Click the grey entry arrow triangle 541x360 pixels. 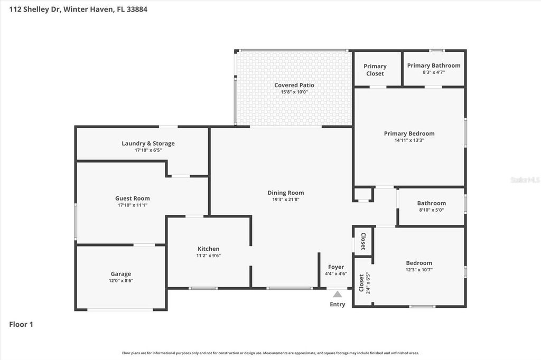[x=337, y=294]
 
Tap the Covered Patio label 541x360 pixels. [x=294, y=85]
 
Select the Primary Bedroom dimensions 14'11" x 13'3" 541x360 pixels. [x=409, y=140]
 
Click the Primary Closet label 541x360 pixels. [x=375, y=70]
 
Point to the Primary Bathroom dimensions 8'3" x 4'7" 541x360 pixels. [x=433, y=72]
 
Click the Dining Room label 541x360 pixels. [x=285, y=193]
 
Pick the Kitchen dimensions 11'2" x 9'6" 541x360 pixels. [x=208, y=255]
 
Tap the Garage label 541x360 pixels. [x=121, y=274]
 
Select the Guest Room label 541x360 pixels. [x=133, y=198]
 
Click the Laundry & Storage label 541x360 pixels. [x=148, y=143]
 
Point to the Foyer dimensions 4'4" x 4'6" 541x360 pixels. [x=335, y=273]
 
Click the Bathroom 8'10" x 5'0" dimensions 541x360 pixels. [x=431, y=210]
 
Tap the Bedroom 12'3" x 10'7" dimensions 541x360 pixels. [x=419, y=270]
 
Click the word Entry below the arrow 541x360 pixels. [x=337, y=304]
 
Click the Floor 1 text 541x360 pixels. [x=21, y=325]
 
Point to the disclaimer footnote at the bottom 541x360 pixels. [x=270, y=353]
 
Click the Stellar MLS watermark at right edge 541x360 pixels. [x=525, y=180]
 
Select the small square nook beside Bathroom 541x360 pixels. [x=363, y=194]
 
